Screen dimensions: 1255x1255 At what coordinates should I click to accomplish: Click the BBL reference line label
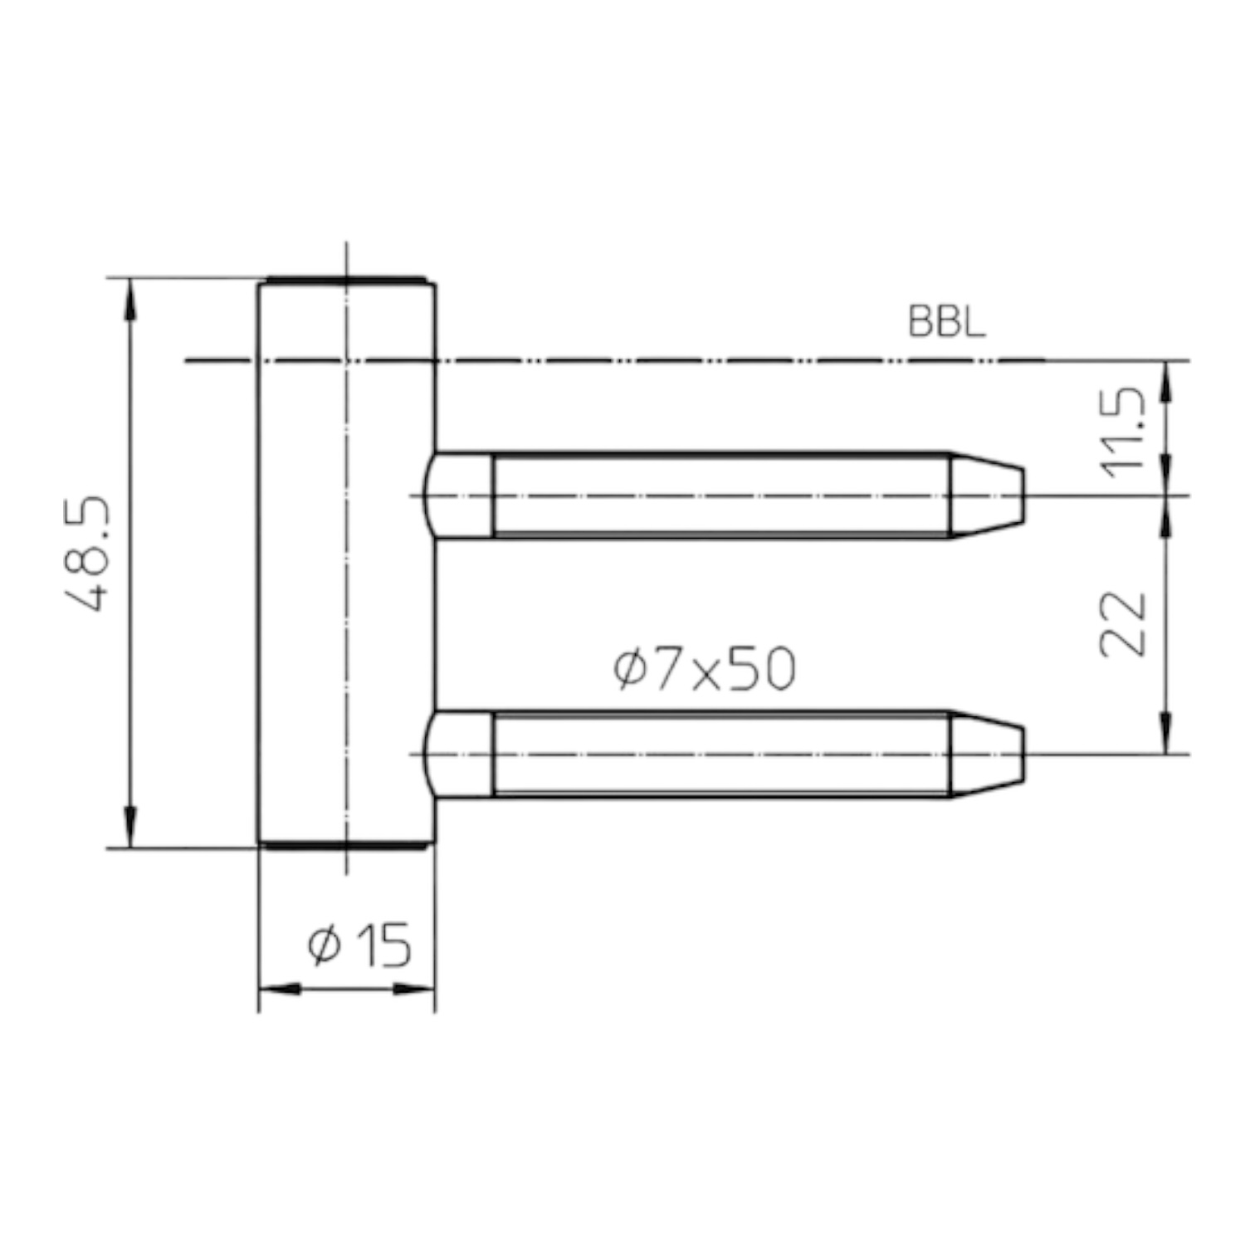(x=947, y=322)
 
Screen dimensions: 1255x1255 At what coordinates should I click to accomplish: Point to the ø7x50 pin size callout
(x=705, y=670)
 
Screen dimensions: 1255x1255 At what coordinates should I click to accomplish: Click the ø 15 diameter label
(x=359, y=945)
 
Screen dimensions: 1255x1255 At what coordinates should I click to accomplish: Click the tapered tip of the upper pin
(x=988, y=496)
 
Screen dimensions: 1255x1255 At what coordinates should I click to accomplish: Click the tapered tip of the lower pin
(x=988, y=754)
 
